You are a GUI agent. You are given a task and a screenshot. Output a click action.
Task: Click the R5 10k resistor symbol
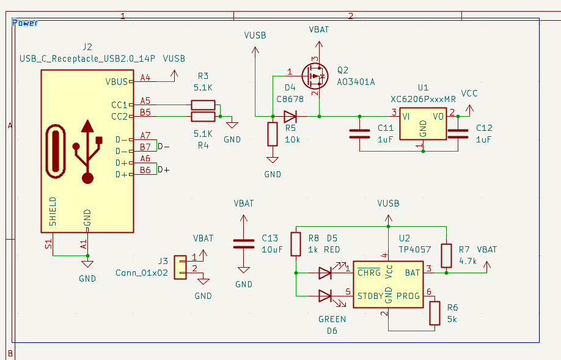coord(273,134)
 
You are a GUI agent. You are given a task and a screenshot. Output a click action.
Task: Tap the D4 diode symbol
coord(290,116)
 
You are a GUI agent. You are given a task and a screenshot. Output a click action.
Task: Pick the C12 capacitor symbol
coord(458,134)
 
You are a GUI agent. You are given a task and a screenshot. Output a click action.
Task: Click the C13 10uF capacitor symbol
coord(244,244)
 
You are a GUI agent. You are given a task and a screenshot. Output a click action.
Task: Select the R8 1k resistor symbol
coord(296,243)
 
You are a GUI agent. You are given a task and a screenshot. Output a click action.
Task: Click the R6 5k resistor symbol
coord(435,313)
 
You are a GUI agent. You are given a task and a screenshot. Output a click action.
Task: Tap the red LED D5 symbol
coord(325,273)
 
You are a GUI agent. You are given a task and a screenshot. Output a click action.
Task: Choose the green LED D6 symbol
coord(325,296)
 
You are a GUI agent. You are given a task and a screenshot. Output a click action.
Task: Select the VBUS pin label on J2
coord(117,81)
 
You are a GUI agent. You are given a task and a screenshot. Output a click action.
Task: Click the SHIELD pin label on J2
coord(53,211)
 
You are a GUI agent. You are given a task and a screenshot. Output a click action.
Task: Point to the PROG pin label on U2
coord(408,296)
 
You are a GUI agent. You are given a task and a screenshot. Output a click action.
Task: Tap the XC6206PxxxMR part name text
coord(423,99)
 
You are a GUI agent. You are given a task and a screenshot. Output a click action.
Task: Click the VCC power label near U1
coord(469,94)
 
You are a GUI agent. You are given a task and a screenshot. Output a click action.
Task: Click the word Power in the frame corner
coord(26,23)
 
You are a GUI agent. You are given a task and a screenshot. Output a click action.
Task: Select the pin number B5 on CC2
coord(145,112)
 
